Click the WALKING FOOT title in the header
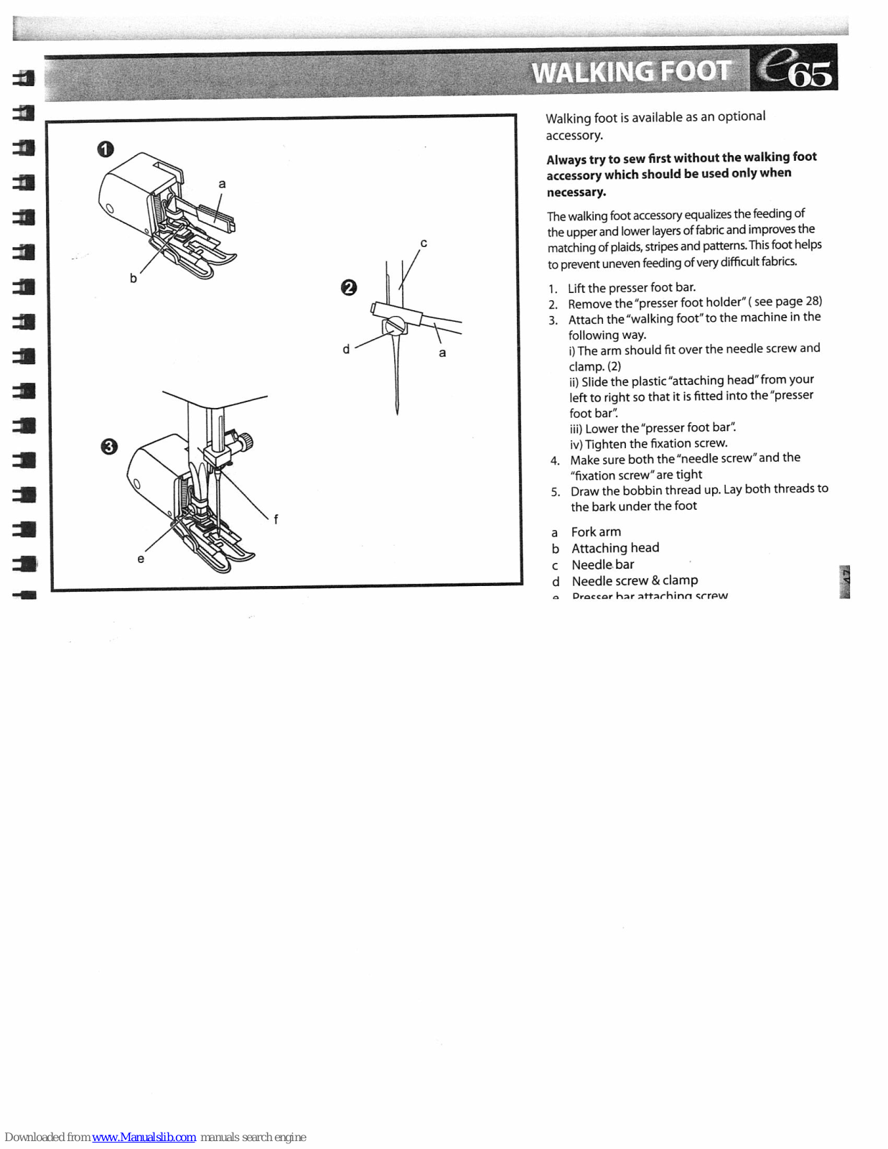pyautogui.click(x=630, y=72)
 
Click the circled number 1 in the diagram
pyautogui.click(x=106, y=149)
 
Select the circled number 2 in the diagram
pyautogui.click(x=348, y=288)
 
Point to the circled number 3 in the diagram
pyautogui.click(x=108, y=447)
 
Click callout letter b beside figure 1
pyautogui.click(x=133, y=278)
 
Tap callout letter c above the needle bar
pyautogui.click(x=424, y=243)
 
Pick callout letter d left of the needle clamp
pyautogui.click(x=346, y=349)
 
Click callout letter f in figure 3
pyautogui.click(x=276, y=519)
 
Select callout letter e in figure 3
pyautogui.click(x=141, y=559)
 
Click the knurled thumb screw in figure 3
pyautogui.click(x=246, y=440)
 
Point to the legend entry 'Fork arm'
pyautogui.click(x=596, y=532)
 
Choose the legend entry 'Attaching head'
pyautogui.click(x=615, y=548)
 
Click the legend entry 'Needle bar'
pyautogui.click(x=603, y=564)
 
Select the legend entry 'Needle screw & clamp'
pyautogui.click(x=635, y=580)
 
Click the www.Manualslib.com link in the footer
pyautogui.click(x=144, y=1137)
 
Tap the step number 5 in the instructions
pyautogui.click(x=555, y=492)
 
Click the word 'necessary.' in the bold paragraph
pyautogui.click(x=576, y=192)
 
